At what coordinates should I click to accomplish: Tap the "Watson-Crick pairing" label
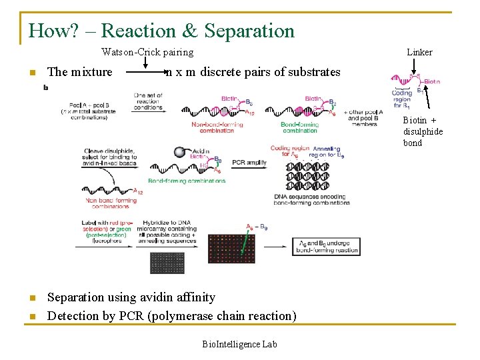tap(147, 52)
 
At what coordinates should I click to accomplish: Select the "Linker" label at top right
tap(419, 52)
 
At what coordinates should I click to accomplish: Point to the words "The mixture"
tap(80, 72)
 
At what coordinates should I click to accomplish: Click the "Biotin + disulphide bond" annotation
tap(423, 131)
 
